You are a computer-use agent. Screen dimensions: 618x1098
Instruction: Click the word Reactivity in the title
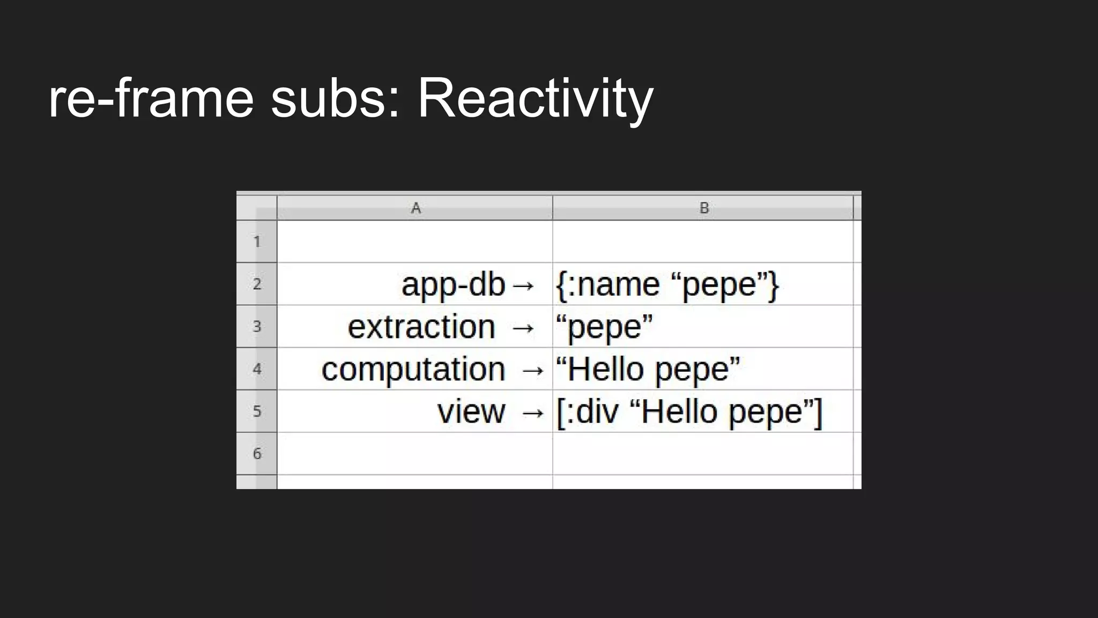click(535, 99)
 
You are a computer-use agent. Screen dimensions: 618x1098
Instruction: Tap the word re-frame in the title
click(151, 99)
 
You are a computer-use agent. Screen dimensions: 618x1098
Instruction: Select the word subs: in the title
click(336, 99)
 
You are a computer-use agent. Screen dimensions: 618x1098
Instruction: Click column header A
click(415, 208)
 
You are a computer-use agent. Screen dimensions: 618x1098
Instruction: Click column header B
click(704, 208)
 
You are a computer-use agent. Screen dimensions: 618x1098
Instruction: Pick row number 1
click(257, 242)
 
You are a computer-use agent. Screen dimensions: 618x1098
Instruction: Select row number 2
click(257, 284)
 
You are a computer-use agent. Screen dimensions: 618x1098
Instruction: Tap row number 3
click(257, 326)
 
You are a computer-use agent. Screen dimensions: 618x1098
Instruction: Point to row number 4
click(257, 369)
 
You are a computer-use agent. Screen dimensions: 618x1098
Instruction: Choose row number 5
click(257, 411)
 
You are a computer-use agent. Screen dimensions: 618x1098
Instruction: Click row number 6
click(257, 454)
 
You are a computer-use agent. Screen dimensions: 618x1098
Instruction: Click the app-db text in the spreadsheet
click(453, 285)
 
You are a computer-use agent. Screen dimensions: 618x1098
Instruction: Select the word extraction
click(421, 327)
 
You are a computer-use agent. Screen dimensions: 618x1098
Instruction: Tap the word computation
click(413, 370)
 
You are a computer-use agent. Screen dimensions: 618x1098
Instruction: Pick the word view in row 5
click(471, 412)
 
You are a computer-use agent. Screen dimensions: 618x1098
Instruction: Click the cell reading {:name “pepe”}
click(667, 285)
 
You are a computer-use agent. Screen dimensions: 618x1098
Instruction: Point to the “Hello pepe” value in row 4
click(648, 370)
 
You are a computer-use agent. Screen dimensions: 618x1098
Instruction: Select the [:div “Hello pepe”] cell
click(689, 412)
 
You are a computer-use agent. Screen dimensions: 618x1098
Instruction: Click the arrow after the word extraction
click(523, 328)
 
